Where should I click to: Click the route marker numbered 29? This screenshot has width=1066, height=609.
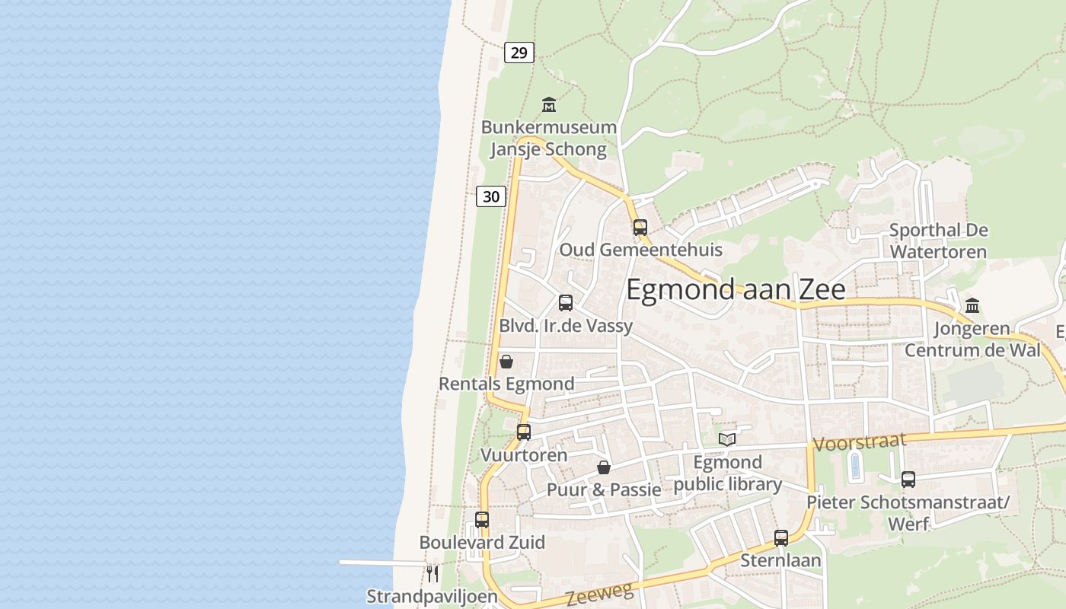[x=519, y=53]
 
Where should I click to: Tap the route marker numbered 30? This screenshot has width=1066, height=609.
[x=491, y=196]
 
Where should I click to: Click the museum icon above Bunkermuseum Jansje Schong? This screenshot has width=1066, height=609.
[x=548, y=104]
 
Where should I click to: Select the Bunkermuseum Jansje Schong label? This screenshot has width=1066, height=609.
[x=548, y=138]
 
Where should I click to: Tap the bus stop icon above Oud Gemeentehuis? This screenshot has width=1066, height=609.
[x=640, y=227]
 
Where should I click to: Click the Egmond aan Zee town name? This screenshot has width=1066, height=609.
[x=736, y=290]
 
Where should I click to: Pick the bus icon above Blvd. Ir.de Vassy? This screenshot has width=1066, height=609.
[x=565, y=303]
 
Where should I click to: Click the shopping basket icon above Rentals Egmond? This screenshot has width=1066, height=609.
[x=506, y=362]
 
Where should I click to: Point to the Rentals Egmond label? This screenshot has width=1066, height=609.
[x=506, y=384]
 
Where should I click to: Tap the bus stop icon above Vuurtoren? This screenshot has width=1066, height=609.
[x=524, y=432]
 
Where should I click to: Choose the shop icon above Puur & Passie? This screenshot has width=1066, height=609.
[x=604, y=467]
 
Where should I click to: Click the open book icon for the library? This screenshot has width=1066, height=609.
[x=727, y=439]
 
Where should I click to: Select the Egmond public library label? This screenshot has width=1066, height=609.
[x=728, y=473]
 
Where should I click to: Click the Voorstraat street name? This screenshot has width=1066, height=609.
[x=860, y=442]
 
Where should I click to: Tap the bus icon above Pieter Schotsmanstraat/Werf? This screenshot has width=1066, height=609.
[x=908, y=480]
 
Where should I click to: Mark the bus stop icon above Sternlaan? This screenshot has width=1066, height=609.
[x=781, y=538]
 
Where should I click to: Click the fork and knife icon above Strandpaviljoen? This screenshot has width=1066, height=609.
[x=432, y=573]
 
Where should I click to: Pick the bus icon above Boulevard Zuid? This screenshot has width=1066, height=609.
[x=482, y=520]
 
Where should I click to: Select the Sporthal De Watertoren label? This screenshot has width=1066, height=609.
[x=938, y=241]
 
